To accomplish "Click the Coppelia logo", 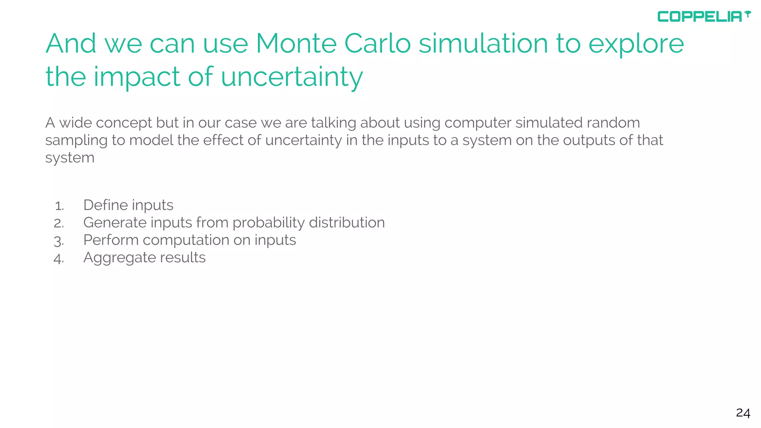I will pos(703,16).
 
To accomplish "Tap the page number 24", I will pos(743,413).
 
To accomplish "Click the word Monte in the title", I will pos(296,44).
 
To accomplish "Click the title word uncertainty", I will pos(292,77).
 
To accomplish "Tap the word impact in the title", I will pos(137,77).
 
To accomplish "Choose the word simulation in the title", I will pos(483,44).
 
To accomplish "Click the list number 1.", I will pos(59,206).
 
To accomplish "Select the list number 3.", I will pos(59,241).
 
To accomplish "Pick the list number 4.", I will pos(59,258).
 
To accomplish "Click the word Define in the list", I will pos(105,205).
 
